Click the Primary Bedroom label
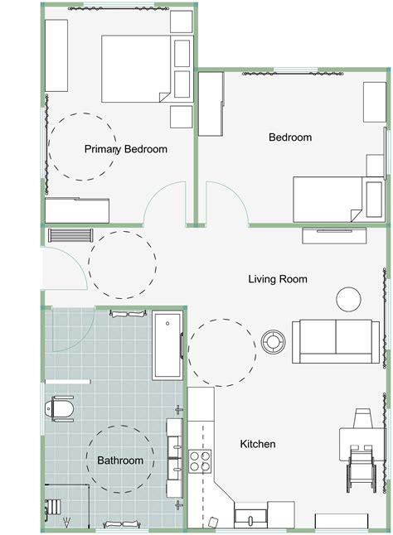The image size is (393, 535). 126,150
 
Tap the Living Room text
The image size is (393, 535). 278,280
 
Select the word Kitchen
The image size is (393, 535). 258,445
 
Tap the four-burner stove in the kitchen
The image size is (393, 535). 200,460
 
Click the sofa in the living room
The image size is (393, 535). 335,340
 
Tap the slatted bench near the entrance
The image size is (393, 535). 68,234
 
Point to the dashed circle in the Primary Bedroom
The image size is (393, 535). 83,147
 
